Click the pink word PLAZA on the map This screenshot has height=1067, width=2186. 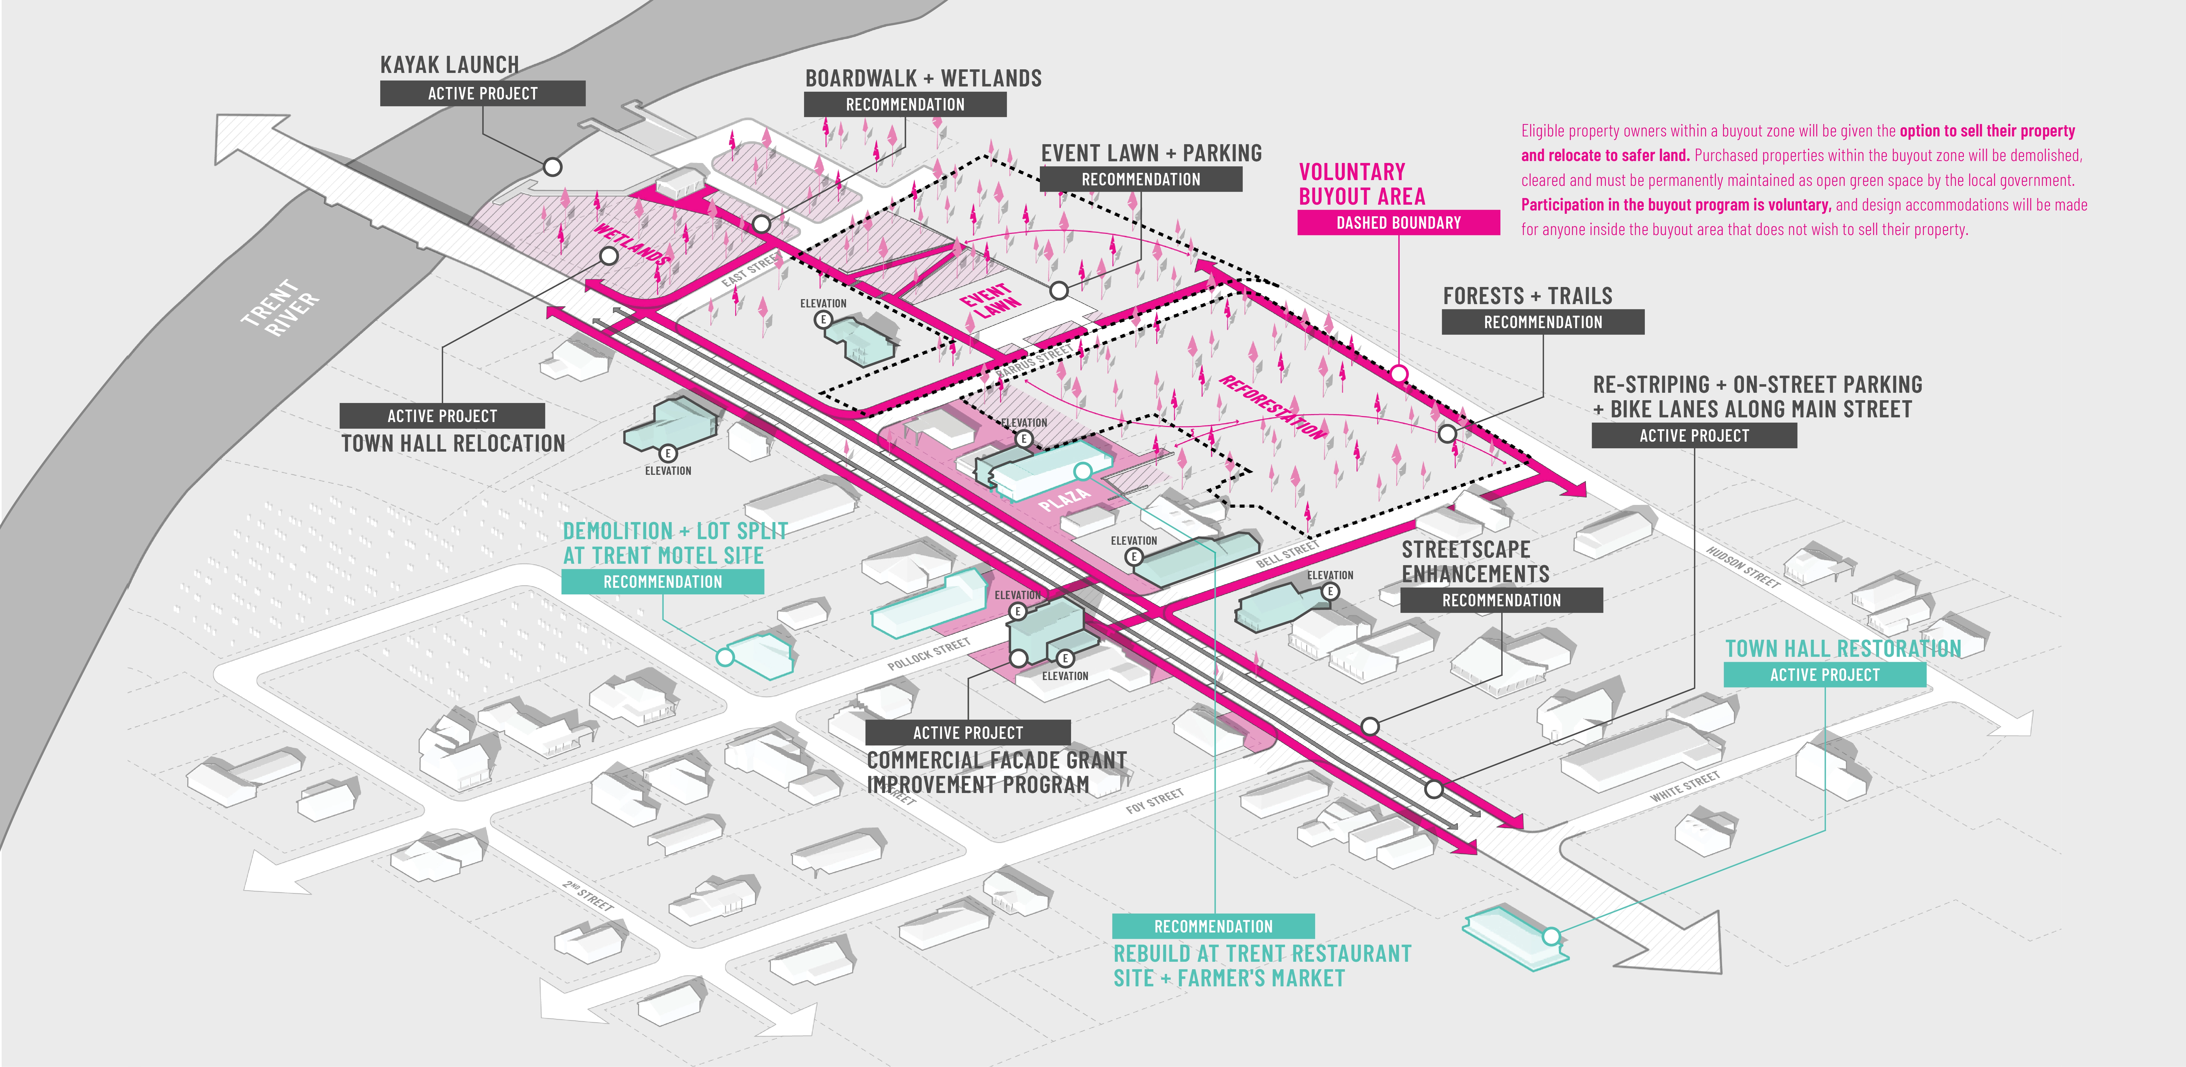(1063, 498)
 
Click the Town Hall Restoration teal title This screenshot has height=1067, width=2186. (1842, 649)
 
